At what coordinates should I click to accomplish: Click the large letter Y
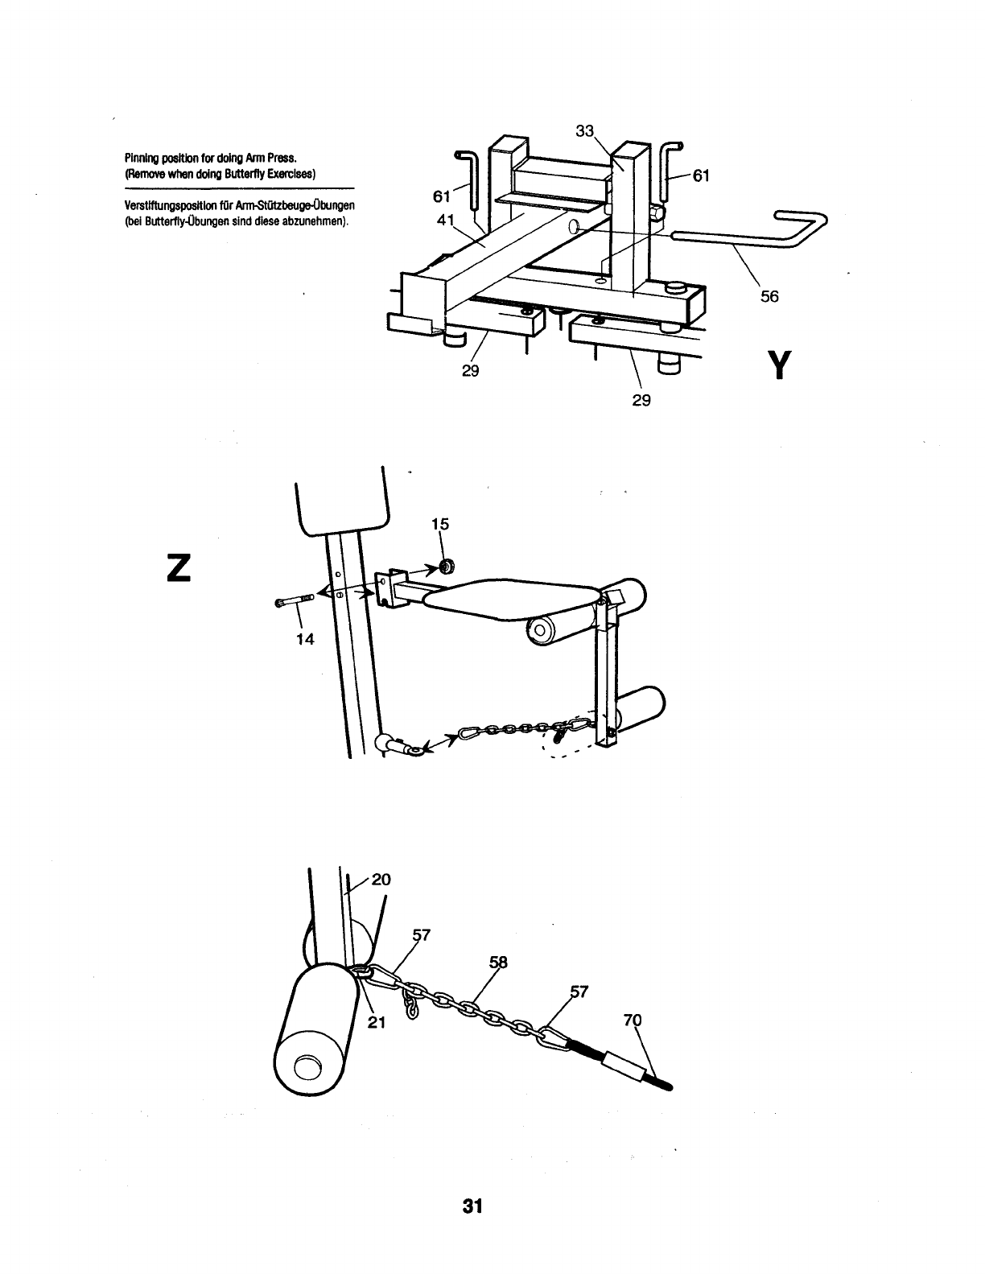pos(776,365)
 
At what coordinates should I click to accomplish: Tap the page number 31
pos(472,1206)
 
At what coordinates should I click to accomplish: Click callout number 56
pos(769,296)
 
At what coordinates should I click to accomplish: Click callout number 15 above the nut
pos(439,524)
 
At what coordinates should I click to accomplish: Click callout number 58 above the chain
pos(499,963)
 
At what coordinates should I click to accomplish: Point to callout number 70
pos(633,1021)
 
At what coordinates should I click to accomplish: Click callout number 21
pos(378,1023)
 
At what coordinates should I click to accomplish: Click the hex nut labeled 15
pos(445,567)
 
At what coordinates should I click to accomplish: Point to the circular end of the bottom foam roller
pos(307,1068)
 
